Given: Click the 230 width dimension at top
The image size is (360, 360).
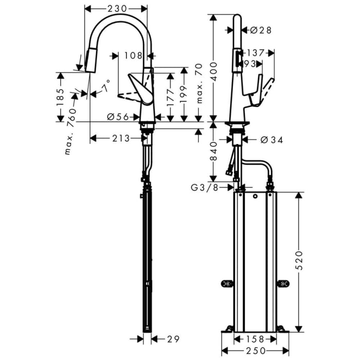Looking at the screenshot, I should [x=116, y=8].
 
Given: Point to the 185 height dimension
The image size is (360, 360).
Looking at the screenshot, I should [x=61, y=96].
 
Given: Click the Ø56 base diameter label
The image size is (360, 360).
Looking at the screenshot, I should [x=118, y=117].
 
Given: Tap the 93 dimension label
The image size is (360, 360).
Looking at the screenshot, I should [x=250, y=63].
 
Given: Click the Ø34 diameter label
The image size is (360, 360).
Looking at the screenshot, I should [x=271, y=139].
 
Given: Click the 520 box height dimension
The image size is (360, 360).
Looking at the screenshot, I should [x=299, y=262].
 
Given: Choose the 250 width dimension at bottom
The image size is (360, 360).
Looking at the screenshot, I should [x=255, y=350].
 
